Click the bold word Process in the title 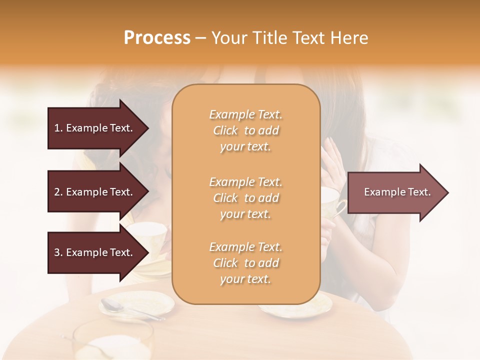[157, 38]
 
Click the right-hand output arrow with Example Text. [397, 192]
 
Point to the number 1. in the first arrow [58, 128]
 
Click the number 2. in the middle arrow [58, 192]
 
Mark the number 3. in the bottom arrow [58, 252]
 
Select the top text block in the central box [245, 130]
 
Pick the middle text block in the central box [245, 198]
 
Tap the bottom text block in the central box [245, 263]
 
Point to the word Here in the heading [350, 38]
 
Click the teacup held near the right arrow [333, 202]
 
